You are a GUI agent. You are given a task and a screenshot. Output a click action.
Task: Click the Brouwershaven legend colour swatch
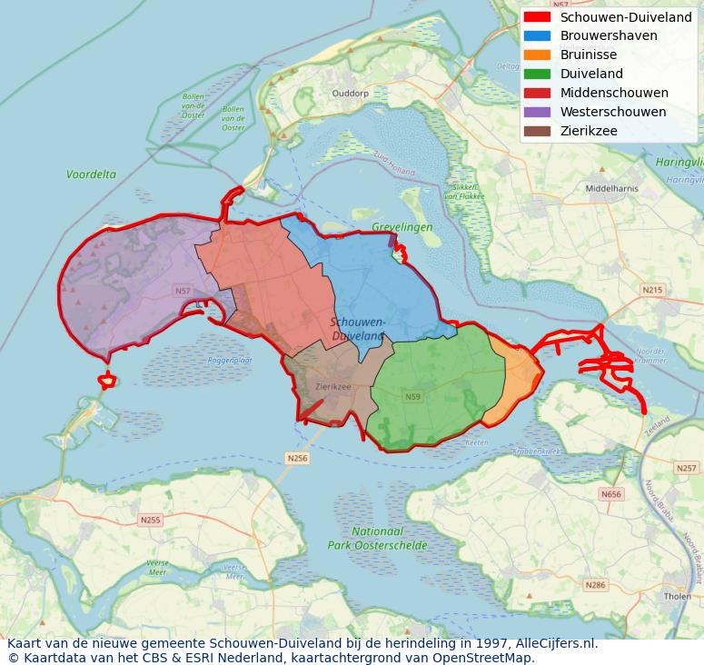[537, 36]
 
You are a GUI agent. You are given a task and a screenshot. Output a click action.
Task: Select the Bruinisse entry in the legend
[588, 55]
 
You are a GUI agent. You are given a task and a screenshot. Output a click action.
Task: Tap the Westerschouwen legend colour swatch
[537, 113]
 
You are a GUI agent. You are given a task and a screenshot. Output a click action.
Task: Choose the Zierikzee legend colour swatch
[537, 132]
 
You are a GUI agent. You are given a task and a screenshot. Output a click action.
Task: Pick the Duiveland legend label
[591, 74]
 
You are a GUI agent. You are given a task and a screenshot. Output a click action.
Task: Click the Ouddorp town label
[351, 94]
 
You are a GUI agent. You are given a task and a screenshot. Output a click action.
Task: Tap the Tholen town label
[677, 597]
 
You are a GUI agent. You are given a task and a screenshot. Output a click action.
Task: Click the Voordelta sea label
[91, 174]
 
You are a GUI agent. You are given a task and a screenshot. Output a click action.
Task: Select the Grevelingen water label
[402, 227]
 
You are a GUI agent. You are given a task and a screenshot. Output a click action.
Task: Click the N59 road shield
[412, 397]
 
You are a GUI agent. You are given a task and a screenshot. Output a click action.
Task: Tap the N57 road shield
[183, 291]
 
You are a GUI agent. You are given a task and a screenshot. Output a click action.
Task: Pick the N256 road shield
[297, 459]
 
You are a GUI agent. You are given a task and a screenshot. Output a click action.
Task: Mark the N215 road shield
[652, 290]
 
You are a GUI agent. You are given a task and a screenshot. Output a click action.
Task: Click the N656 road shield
[611, 494]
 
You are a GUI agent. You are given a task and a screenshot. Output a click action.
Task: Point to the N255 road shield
[150, 520]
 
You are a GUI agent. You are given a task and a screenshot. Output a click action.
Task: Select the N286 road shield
[595, 585]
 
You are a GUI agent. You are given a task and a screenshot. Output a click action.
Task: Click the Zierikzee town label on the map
[332, 386]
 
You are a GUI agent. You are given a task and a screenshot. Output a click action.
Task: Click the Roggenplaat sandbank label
[231, 361]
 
